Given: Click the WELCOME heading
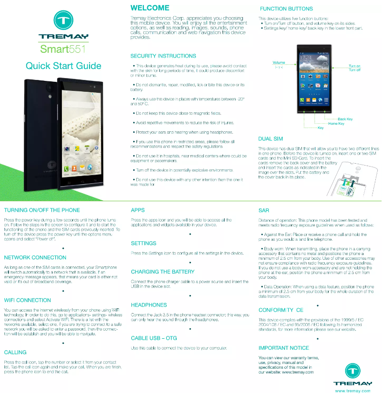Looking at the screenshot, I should click(x=150, y=8).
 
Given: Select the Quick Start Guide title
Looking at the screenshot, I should click(x=63, y=66).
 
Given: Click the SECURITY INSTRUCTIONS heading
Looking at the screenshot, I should click(x=163, y=56).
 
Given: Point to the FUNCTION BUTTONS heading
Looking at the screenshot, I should click(x=286, y=9).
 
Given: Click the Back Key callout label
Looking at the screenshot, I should click(x=345, y=119).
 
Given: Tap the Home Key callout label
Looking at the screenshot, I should click(x=336, y=124).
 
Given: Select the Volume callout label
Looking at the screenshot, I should click(x=279, y=63).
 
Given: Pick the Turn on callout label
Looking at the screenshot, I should click(x=354, y=66).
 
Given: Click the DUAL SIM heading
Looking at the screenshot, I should click(x=270, y=139).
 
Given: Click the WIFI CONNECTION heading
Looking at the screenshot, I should click(x=27, y=300).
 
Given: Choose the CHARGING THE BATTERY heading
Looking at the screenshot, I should click(x=162, y=272).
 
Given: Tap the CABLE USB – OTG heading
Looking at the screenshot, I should click(x=154, y=338).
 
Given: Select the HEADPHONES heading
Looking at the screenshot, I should click(x=149, y=305).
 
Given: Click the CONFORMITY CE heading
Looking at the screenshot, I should click(x=281, y=310).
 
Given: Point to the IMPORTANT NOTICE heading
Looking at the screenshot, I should click(x=283, y=348).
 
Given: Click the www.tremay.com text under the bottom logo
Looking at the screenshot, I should click(x=352, y=391).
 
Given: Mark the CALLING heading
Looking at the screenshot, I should click(x=15, y=353).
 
